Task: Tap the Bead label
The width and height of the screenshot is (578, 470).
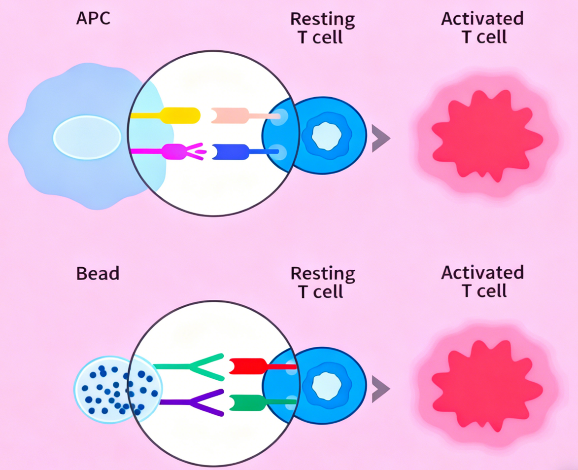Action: click(98, 273)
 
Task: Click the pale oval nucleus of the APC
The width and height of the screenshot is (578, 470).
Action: click(87, 137)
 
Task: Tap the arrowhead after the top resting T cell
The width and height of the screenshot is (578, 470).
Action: click(380, 138)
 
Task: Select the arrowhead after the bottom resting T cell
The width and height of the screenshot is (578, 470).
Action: click(380, 389)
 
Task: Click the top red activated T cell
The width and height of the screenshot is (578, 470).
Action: click(485, 134)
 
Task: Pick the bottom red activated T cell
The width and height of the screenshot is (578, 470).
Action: click(485, 383)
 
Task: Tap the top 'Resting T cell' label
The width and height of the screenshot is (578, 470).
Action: click(322, 28)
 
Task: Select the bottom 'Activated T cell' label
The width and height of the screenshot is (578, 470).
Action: click(482, 281)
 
